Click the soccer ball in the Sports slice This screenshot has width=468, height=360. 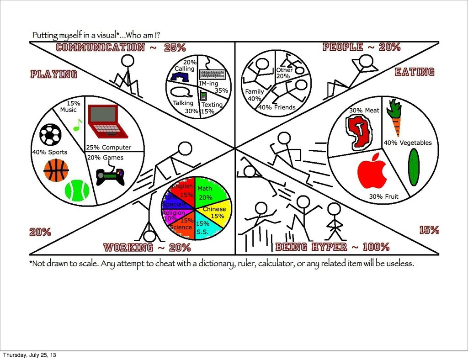pyautogui.click(x=50, y=134)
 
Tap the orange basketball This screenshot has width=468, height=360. pyautogui.click(x=56, y=170)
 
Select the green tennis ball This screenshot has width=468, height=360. pyautogui.click(x=77, y=191)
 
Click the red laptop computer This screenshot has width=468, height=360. pyautogui.click(x=106, y=122)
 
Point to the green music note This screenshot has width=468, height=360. pyautogui.click(x=77, y=125)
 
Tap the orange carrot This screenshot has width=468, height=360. pyautogui.click(x=394, y=117)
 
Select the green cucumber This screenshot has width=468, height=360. pyautogui.click(x=413, y=167)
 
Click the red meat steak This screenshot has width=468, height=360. pyautogui.click(x=359, y=132)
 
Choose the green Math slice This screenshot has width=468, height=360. pyautogui.click(x=211, y=192)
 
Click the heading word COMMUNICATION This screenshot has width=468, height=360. pyautogui.click(x=100, y=47)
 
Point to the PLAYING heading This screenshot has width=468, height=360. pyautogui.click(x=53, y=74)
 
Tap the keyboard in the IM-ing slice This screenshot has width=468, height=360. pyautogui.click(x=212, y=74)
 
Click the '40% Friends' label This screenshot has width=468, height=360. pyautogui.click(x=277, y=107)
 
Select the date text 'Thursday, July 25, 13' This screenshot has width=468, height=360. pyautogui.click(x=30, y=355)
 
